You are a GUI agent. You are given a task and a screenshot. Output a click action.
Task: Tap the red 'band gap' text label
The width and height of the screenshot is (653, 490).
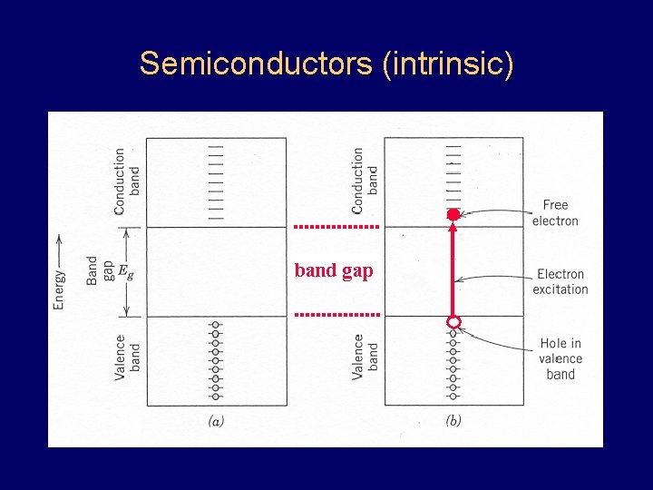pos(334,270)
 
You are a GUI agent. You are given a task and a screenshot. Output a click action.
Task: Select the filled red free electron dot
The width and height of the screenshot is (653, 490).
pos(453,214)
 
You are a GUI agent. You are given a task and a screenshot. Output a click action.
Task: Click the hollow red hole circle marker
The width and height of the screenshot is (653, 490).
pos(453,322)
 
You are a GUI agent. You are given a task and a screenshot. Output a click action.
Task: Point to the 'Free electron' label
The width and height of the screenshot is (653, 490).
pos(555,213)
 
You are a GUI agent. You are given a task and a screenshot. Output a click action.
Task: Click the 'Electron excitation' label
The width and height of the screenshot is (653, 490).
pos(560,281)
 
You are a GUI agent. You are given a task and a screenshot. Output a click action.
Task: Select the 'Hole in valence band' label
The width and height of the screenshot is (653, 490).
pos(560,358)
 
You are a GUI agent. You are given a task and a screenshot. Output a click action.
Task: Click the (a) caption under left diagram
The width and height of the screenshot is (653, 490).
pos(217,420)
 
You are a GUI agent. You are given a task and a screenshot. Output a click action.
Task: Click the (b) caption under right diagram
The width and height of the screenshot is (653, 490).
pos(453,420)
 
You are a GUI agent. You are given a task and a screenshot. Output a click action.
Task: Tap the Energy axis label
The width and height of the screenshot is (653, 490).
pos(59,272)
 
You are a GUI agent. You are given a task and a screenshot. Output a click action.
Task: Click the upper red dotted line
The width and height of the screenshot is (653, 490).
pos(336,225)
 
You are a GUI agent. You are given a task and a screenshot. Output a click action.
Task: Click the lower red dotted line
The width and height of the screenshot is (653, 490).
pos(336,314)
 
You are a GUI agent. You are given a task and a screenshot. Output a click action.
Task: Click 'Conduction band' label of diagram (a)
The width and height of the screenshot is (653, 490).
pos(127,181)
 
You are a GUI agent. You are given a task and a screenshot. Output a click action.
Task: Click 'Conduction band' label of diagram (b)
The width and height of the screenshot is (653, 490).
pos(365,181)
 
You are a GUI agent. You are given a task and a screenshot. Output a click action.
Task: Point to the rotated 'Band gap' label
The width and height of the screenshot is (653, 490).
pos(100,270)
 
